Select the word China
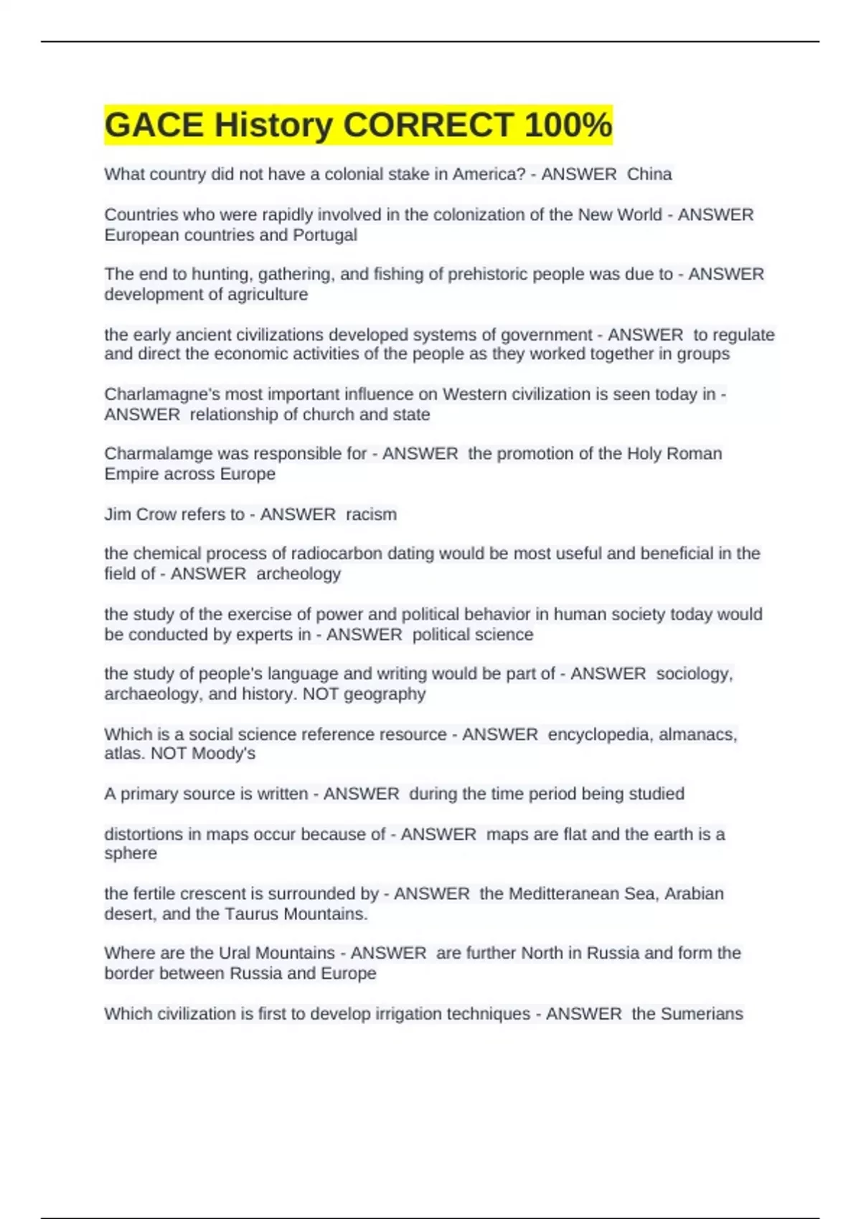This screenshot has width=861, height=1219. [x=649, y=174]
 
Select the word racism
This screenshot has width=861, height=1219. [x=371, y=514]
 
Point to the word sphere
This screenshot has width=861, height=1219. [x=131, y=854]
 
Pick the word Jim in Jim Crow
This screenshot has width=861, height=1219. [x=117, y=514]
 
